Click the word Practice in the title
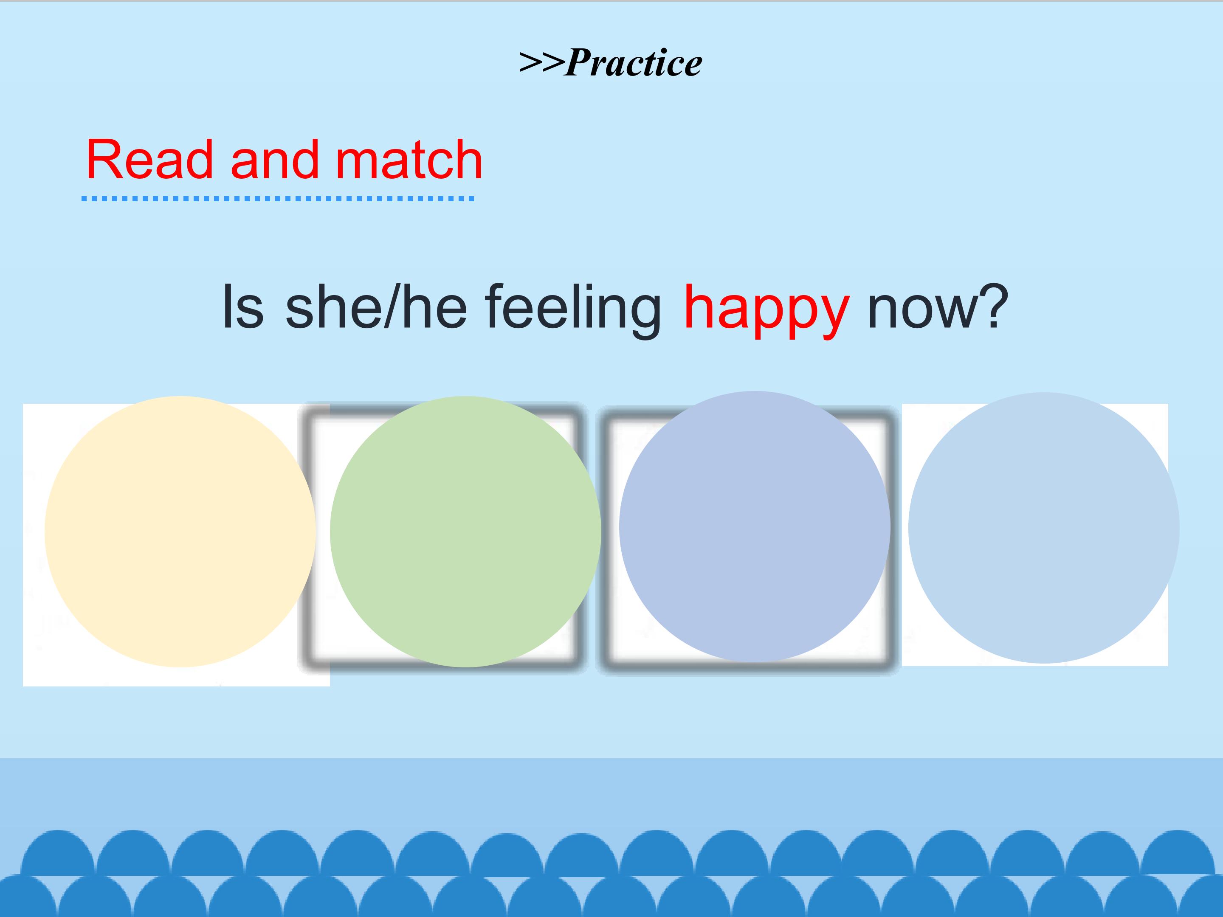pyautogui.click(x=634, y=62)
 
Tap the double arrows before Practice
pyautogui.click(x=542, y=63)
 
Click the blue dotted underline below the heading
pyautogui.click(x=278, y=198)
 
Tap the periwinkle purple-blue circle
pyautogui.click(x=755, y=527)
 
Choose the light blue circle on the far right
pyautogui.click(x=1044, y=528)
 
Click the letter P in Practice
pyautogui.click(x=578, y=62)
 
